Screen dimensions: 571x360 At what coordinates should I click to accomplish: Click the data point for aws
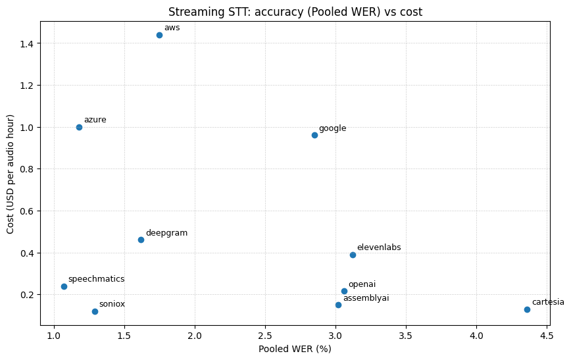[x=159, y=36]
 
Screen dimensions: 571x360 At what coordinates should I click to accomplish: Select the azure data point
[x=80, y=127]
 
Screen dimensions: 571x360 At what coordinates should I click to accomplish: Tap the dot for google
[x=315, y=136]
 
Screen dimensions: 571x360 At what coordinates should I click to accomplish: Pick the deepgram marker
[x=141, y=240]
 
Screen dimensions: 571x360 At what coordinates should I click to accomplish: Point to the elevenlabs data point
[x=353, y=255]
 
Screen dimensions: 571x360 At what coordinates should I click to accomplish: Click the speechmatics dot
[x=64, y=287]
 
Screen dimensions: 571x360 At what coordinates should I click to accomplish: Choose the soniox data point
[x=95, y=311]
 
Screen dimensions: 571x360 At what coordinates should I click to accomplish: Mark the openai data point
[x=345, y=291]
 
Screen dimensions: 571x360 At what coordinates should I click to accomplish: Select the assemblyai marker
[x=339, y=305]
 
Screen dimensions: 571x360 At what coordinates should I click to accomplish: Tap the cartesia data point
[x=528, y=310]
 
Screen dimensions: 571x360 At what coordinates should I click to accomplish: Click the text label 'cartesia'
[x=548, y=302]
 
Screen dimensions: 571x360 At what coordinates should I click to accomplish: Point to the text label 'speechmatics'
[x=97, y=279]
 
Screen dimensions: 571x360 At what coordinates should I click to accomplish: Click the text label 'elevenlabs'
[x=379, y=247]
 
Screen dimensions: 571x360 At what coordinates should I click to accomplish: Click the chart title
[x=295, y=12]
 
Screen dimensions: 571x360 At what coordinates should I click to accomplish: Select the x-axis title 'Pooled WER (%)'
[x=295, y=349]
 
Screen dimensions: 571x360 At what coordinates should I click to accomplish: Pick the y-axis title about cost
[x=11, y=174]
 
